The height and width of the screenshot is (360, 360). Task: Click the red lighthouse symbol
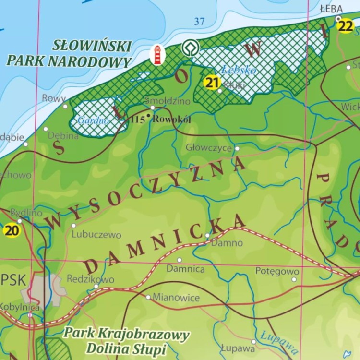point(157,55)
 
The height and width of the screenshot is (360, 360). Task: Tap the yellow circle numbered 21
point(212,83)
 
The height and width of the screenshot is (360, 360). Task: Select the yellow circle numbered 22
point(345,26)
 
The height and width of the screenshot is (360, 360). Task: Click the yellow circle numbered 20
point(12,230)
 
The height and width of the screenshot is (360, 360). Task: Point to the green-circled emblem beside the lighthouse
point(189,48)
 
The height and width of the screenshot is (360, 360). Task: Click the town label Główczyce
point(209,148)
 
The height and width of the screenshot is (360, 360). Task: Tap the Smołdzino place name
point(168,101)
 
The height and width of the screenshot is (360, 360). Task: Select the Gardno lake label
point(93,120)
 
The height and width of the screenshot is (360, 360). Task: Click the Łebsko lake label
point(239,71)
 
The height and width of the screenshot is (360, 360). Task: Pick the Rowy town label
point(53,98)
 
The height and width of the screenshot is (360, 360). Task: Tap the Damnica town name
point(185,269)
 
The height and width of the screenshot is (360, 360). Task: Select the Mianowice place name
point(176,298)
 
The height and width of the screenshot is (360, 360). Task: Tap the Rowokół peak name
point(171,119)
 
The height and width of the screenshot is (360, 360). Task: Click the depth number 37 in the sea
point(199,21)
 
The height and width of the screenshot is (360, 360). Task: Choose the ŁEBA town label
point(331,9)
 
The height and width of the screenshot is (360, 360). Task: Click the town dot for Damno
point(207,235)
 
